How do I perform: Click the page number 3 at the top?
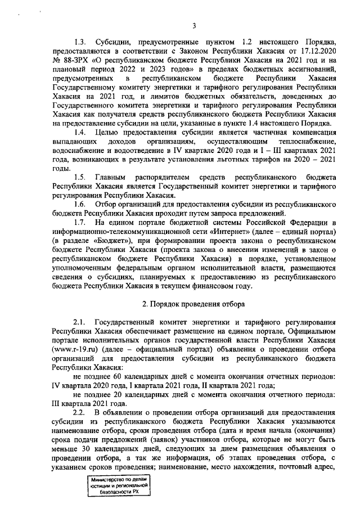[x=193, y=25]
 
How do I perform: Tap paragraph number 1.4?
[x=80, y=132]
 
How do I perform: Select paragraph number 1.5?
[x=80, y=177]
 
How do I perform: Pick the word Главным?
[x=111, y=177]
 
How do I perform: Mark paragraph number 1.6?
[x=80, y=204]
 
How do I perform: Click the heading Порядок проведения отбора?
[x=193, y=304]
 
